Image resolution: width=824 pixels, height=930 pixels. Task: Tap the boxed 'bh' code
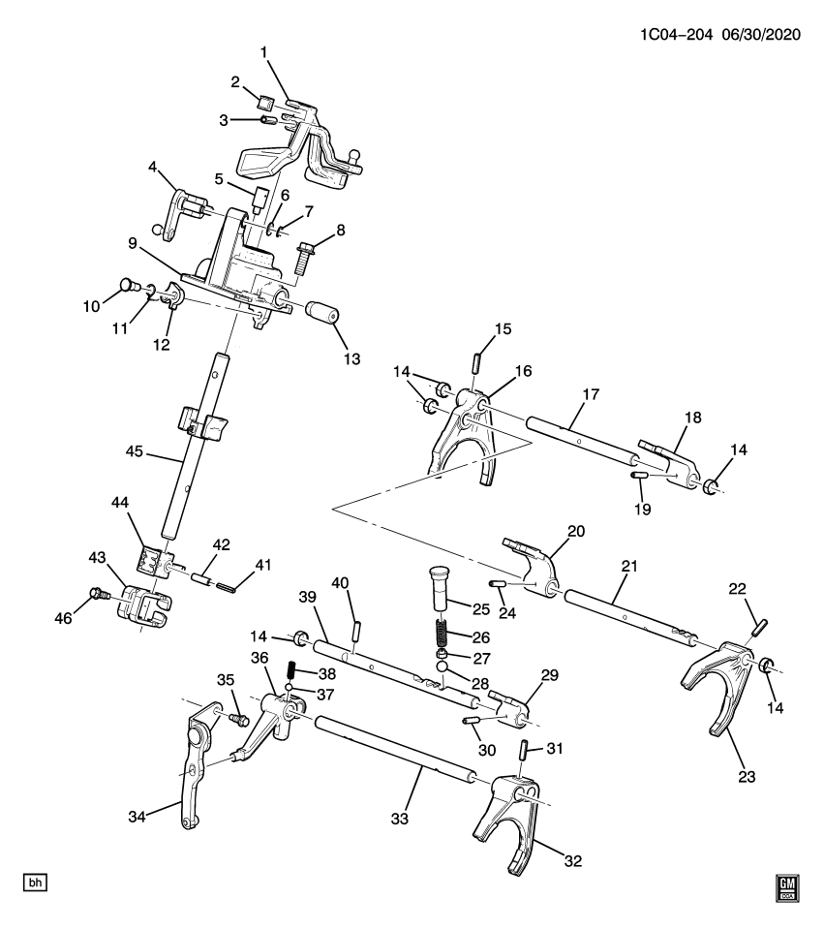click(x=35, y=883)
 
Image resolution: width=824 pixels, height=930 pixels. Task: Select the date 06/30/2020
click(x=760, y=35)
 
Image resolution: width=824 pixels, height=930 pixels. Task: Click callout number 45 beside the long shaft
click(x=134, y=451)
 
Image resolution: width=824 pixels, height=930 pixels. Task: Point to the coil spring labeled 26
click(x=440, y=634)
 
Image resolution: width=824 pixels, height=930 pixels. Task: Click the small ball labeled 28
click(x=442, y=667)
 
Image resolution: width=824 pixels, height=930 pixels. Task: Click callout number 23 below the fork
click(x=747, y=776)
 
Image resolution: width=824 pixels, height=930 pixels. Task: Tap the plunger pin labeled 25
click(x=437, y=588)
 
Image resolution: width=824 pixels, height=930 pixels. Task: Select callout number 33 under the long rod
click(x=400, y=819)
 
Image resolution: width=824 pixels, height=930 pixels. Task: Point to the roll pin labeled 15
click(x=476, y=361)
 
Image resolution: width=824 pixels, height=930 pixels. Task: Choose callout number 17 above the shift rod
click(x=591, y=394)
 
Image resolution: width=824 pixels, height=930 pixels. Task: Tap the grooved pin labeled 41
click(x=227, y=587)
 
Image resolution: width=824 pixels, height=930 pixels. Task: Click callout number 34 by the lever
click(x=137, y=817)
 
